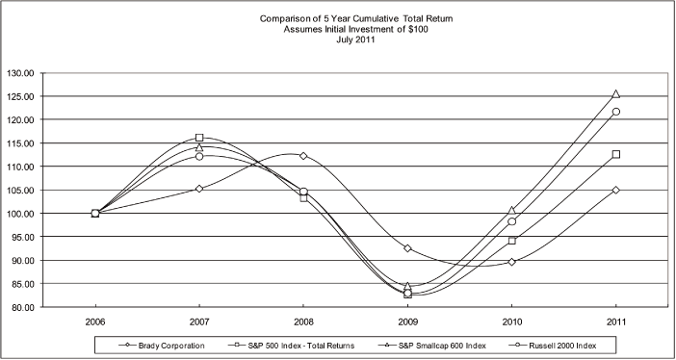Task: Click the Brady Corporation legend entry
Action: pyautogui.click(x=153, y=343)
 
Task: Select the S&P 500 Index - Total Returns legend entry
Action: pyautogui.click(x=285, y=343)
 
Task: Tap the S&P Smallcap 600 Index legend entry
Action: pyautogui.click(x=432, y=343)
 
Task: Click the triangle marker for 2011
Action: pyautogui.click(x=615, y=94)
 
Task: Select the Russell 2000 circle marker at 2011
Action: pyautogui.click(x=615, y=112)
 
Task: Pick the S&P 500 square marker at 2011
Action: pyautogui.click(x=615, y=154)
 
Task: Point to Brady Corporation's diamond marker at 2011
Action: pyautogui.click(x=615, y=190)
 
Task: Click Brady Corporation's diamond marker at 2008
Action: pyautogui.click(x=303, y=156)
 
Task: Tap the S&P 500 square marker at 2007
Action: pyautogui.click(x=199, y=138)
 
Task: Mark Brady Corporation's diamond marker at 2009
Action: pyautogui.click(x=407, y=248)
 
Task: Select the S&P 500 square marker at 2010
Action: pyautogui.click(x=511, y=241)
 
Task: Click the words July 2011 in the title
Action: pyautogui.click(x=337, y=40)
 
